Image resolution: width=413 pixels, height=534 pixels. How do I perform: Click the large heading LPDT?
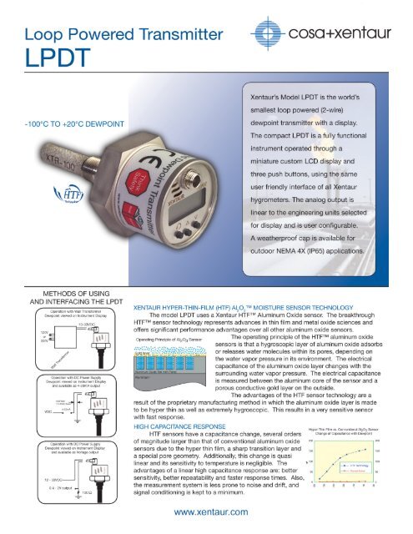42,61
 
